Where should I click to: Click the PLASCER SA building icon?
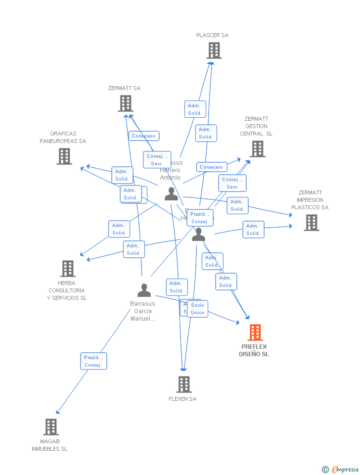tap(214, 50)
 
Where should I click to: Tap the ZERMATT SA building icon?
tap(126, 103)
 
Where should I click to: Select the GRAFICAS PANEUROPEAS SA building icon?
tap(64, 156)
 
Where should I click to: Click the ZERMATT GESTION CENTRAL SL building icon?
tap(257, 149)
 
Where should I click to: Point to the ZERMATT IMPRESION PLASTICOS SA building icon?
tap(312, 223)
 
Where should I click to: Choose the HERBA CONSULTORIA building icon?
tap(68, 269)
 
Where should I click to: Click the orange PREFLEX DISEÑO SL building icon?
tap(255, 332)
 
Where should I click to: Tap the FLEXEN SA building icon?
tap(184, 384)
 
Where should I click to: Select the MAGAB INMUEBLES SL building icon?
tap(51, 427)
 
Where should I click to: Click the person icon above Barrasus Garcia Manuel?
tap(144, 290)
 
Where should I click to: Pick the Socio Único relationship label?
tap(198, 309)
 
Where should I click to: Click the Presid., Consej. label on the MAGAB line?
tap(93, 361)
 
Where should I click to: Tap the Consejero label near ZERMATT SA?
tap(144, 136)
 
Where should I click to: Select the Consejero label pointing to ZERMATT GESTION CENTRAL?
tap(212, 167)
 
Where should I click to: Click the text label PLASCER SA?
tap(212, 36)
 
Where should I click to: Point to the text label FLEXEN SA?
tap(182, 399)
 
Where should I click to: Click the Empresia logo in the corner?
tap(341, 469)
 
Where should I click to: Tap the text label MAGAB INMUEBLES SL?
tap(49, 445)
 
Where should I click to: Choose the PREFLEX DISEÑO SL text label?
tap(254, 350)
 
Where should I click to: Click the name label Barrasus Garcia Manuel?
tap(142, 311)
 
